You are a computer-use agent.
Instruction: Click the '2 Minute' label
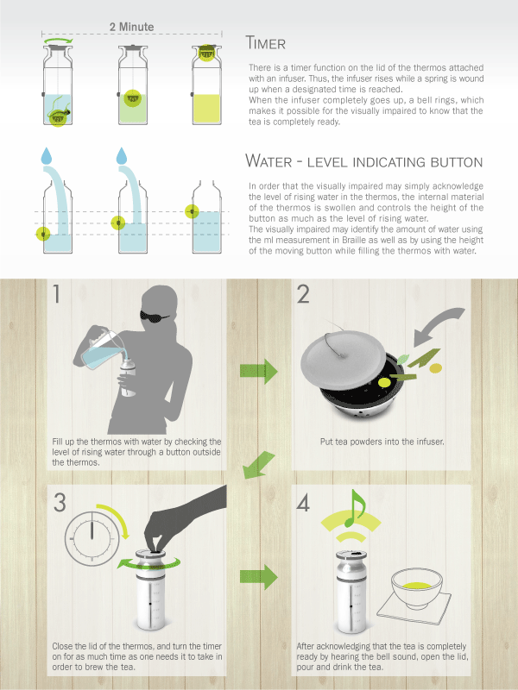point(132,27)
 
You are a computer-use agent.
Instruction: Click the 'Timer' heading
point(266,43)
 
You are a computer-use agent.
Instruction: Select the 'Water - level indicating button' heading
point(363,161)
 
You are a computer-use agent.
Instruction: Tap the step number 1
point(56,294)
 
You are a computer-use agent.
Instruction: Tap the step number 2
point(303,294)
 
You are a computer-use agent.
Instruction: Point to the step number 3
point(60,503)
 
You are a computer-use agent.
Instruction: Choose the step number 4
point(303,503)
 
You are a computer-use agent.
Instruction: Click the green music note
point(354,508)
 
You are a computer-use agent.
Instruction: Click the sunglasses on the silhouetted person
point(155,315)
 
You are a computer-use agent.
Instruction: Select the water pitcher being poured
point(101,348)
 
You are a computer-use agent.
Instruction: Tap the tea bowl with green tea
point(416,588)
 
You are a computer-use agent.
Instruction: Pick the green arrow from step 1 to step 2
point(259,372)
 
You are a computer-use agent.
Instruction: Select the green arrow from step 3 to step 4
point(259,576)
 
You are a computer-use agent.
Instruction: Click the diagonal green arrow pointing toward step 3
point(258,466)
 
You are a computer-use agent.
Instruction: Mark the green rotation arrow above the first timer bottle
point(58,40)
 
